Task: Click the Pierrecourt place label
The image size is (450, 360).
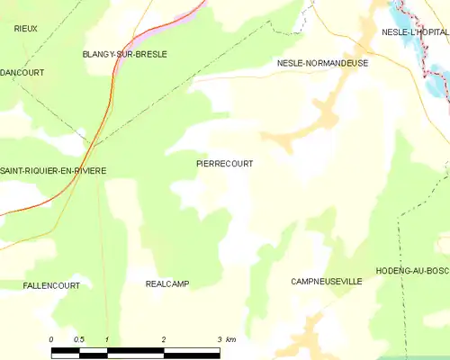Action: click(x=224, y=164)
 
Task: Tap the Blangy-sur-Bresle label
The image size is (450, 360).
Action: click(x=124, y=54)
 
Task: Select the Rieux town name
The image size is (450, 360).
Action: click(x=25, y=29)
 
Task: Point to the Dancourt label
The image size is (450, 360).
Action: click(x=22, y=72)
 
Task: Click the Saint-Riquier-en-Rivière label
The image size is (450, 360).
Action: click(x=53, y=171)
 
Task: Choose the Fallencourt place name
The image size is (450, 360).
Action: click(x=51, y=285)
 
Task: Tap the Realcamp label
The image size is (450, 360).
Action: click(x=166, y=283)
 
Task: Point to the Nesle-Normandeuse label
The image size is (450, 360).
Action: click(x=322, y=64)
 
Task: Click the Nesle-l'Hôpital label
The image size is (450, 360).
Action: click(x=414, y=32)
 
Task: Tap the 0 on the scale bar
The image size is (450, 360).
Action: click(x=51, y=339)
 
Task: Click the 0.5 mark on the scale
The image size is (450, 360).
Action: click(x=79, y=339)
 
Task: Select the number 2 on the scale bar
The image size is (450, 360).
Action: click(x=163, y=339)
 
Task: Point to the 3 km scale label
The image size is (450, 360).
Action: click(x=225, y=339)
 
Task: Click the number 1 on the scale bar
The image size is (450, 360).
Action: click(x=107, y=339)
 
